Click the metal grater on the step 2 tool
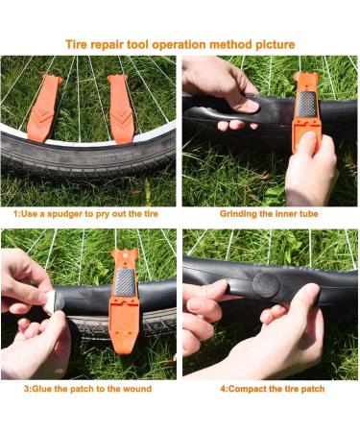coord(306,105)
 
